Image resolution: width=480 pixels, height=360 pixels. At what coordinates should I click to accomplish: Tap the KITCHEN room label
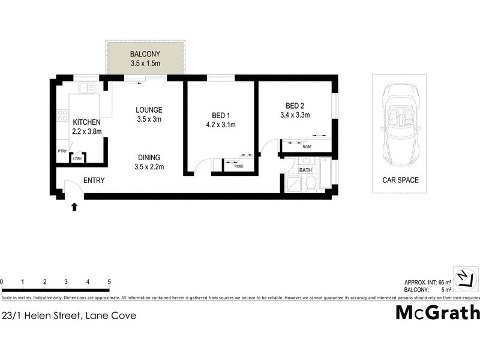point(86,122)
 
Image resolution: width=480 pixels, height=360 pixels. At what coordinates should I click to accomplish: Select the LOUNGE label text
point(149,110)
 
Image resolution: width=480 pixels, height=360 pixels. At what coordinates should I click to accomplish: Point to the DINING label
point(149,158)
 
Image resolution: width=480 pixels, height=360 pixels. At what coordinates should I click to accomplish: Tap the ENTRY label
point(94,181)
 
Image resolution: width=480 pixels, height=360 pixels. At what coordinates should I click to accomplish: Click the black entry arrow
point(74,207)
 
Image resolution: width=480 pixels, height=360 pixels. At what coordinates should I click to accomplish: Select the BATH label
point(306,170)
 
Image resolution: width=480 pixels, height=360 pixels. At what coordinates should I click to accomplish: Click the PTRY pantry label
point(62,151)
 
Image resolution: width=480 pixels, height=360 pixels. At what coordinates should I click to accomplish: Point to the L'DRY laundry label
point(77,158)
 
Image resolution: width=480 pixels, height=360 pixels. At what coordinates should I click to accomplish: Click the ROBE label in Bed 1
point(239,166)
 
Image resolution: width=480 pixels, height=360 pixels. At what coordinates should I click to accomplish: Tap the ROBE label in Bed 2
point(307,147)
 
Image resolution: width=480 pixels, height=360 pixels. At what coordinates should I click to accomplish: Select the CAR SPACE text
point(400,180)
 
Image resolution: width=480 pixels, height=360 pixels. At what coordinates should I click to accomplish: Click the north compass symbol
point(465,278)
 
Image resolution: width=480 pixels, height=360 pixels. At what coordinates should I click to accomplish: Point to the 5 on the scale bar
point(109,281)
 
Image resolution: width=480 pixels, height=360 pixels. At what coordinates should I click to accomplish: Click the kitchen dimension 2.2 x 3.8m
point(86,131)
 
